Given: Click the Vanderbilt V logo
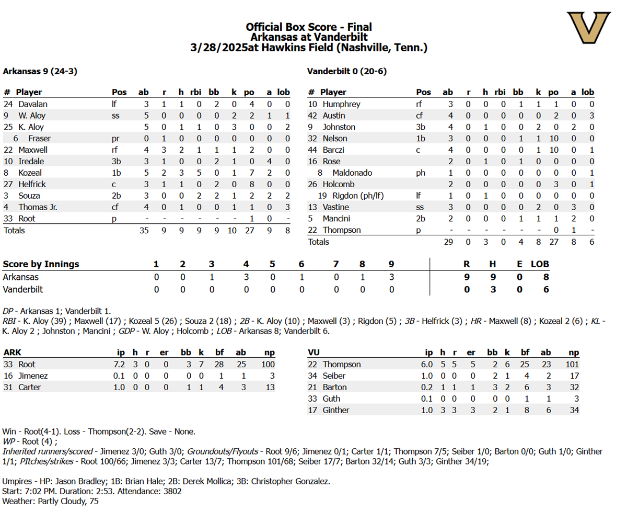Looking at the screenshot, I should click(x=589, y=28).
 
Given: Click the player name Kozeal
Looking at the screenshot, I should click(x=30, y=173).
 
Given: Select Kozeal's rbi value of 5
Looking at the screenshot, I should click(x=199, y=173).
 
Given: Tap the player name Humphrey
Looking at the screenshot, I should click(x=341, y=104).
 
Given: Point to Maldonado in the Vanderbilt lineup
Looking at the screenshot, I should click(x=352, y=173).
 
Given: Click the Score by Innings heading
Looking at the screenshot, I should click(x=41, y=264).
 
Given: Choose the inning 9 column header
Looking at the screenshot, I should click(x=391, y=264).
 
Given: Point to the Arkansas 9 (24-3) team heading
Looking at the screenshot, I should click(x=40, y=71).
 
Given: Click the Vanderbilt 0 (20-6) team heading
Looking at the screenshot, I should click(x=346, y=71).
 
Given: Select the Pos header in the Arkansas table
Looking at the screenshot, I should click(x=119, y=92).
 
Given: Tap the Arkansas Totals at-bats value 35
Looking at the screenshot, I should click(x=144, y=230).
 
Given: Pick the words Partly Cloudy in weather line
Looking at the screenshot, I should click(x=53, y=501).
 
